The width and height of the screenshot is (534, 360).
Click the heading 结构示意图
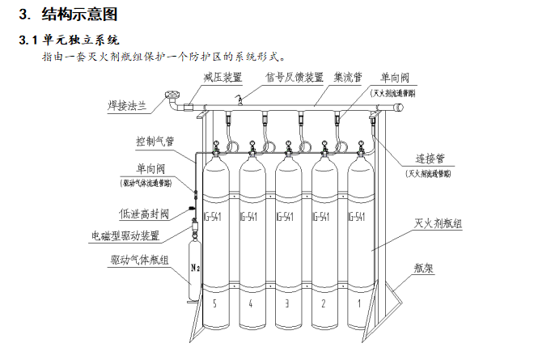tap(78, 14)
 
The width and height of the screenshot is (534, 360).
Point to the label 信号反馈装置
tap(295, 78)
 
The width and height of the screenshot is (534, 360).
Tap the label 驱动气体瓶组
tap(139, 260)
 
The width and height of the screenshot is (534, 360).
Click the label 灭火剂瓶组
tap(437, 224)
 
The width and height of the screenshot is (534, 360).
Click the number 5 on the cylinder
tap(215, 303)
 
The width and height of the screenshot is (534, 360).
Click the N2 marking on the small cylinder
tap(194, 265)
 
